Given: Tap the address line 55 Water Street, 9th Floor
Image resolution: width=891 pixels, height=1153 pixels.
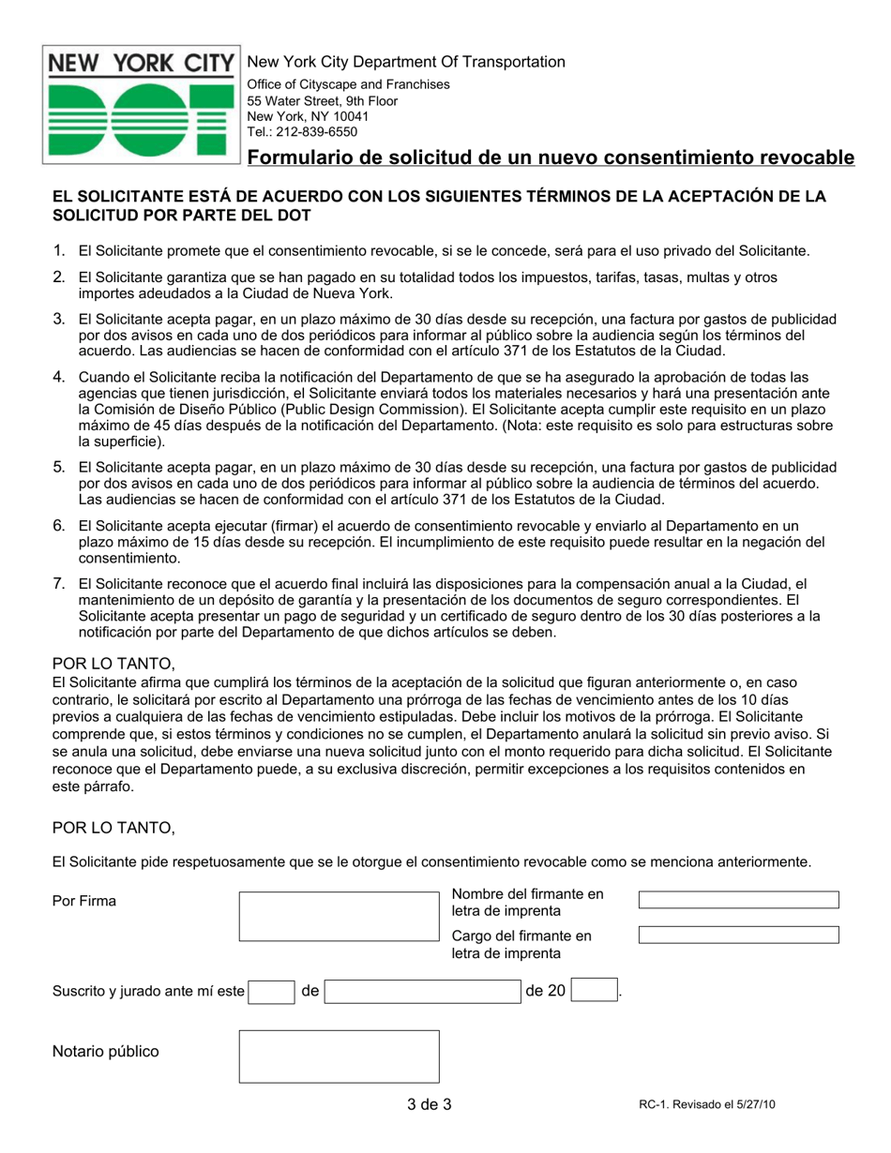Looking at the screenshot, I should click(322, 100).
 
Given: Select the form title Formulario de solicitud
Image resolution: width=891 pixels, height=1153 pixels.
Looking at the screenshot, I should click(551, 157).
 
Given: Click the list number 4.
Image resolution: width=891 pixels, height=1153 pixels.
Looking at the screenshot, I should click(58, 377).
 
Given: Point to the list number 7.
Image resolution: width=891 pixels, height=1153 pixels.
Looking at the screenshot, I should click(58, 584).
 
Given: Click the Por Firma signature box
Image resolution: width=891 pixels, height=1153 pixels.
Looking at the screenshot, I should click(339, 916).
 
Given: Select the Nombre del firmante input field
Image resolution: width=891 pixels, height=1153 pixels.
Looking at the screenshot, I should click(738, 900).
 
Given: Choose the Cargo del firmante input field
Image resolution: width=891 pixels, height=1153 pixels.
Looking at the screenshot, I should click(738, 935).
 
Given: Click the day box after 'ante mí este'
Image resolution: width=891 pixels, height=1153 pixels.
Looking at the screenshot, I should click(271, 991).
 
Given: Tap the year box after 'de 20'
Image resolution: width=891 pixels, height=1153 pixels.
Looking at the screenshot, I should click(594, 991).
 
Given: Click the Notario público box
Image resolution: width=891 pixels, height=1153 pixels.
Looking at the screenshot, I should click(339, 1056).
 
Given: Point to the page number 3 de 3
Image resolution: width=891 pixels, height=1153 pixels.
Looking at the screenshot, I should click(430, 1104).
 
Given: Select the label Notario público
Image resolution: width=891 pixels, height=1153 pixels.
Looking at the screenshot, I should click(105, 1051).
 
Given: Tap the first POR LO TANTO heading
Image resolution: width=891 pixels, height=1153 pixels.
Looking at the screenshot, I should click(113, 664).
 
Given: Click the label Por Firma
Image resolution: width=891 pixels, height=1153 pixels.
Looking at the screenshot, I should click(84, 902).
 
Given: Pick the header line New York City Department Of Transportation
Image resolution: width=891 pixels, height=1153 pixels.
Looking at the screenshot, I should click(405, 62).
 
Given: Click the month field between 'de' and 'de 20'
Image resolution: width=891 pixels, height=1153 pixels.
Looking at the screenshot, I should click(422, 991).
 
